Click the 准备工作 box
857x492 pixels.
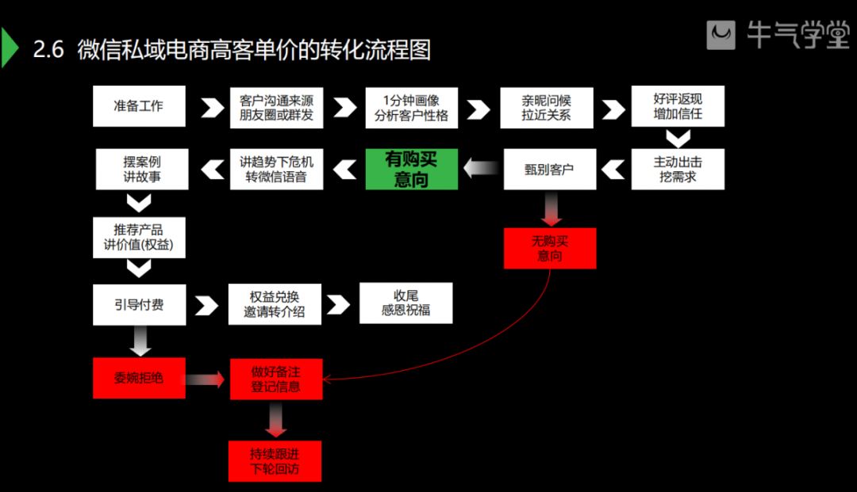tap(139, 106)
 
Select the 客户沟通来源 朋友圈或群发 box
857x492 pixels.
tap(276, 106)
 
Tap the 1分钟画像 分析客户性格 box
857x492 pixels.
tap(411, 106)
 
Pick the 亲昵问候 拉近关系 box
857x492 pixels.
tap(546, 106)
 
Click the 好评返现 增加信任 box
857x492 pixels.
tap(678, 106)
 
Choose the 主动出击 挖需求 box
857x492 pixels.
tap(678, 169)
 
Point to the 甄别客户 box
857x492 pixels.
tap(549, 169)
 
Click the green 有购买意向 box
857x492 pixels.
tap(411, 169)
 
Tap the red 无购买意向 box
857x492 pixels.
tap(549, 248)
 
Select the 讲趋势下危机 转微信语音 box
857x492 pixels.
tap(276, 169)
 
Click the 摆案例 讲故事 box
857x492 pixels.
tap(142, 169)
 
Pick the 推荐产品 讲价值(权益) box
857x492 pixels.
tap(139, 237)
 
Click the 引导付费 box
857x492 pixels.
tap(139, 304)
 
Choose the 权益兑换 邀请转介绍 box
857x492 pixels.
tap(275, 304)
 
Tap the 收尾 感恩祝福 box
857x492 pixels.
tap(405, 303)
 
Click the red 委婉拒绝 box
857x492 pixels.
tap(139, 378)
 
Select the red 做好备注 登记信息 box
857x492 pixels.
tap(275, 379)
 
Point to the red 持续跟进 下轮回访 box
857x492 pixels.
tap(275, 460)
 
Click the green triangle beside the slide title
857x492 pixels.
tap(9, 49)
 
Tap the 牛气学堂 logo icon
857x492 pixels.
tap(721, 36)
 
